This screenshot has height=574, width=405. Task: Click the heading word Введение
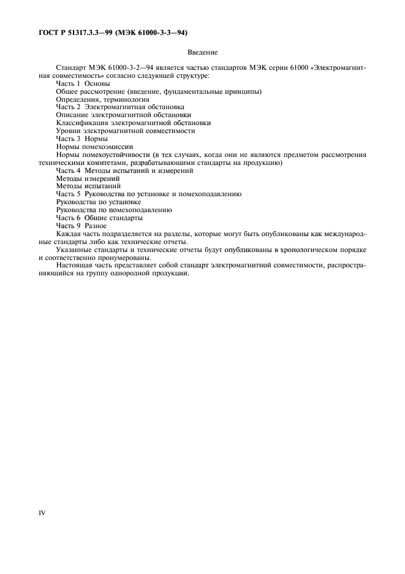pyautogui.click(x=203, y=53)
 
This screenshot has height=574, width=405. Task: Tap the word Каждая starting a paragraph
pyautogui.click(x=70, y=234)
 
